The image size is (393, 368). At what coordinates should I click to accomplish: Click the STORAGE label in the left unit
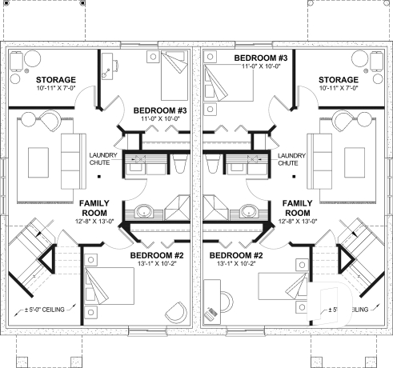pyautogui.click(x=55, y=80)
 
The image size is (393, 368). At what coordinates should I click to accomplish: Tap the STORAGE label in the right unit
pyautogui.click(x=338, y=80)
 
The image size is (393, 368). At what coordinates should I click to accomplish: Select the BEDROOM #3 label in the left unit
pyautogui.click(x=160, y=110)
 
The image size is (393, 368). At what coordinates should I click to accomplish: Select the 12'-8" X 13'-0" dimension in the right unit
pyautogui.click(x=297, y=222)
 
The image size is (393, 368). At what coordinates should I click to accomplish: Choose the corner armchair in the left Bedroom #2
pyautogui.click(x=174, y=312)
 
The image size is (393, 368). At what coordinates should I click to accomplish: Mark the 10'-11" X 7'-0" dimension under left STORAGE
pyautogui.click(x=55, y=90)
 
